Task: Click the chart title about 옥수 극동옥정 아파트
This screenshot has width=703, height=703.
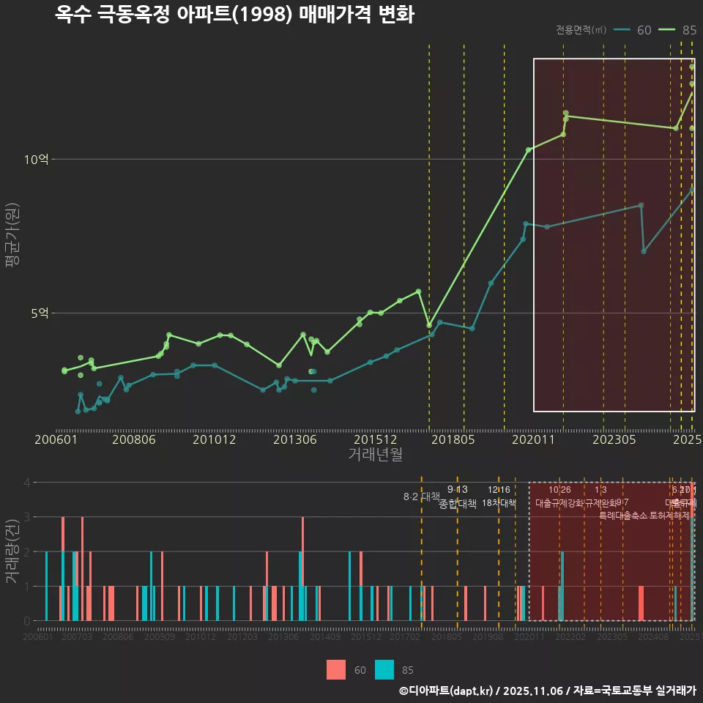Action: [x=234, y=15]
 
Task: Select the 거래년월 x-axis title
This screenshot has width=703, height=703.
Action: [x=375, y=455]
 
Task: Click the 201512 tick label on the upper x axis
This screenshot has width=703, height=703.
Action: [x=376, y=439]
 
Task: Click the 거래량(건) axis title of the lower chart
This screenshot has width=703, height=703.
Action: [x=12, y=551]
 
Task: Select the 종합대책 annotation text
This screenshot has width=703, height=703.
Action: [x=458, y=504]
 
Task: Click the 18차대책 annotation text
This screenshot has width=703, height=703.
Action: [x=499, y=503]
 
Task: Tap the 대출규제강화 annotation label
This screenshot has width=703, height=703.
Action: [x=559, y=503]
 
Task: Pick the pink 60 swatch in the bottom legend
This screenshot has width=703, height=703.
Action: [x=336, y=669]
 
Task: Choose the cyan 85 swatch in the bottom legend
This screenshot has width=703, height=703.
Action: [x=384, y=669]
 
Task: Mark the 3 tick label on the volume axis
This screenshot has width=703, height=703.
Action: [x=27, y=517]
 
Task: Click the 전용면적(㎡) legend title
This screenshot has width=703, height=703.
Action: [x=581, y=30]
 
